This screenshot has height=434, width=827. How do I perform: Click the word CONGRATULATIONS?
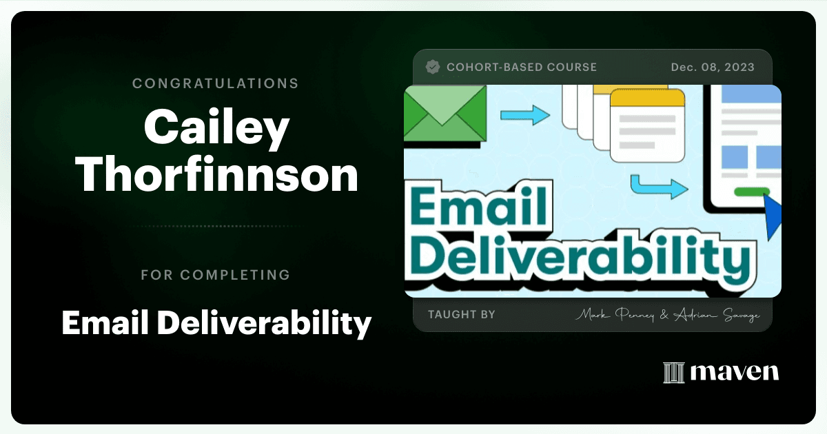tap(216, 83)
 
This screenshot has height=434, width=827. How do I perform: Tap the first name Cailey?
tap(216, 127)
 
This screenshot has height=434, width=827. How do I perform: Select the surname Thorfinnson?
tap(218, 174)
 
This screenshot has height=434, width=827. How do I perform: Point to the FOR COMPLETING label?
tap(216, 275)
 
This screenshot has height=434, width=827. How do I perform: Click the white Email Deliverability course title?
tap(216, 323)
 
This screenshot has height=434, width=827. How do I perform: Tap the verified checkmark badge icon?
tap(432, 68)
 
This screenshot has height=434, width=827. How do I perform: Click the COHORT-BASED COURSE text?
tap(522, 68)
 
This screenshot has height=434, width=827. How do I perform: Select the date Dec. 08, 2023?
tap(713, 68)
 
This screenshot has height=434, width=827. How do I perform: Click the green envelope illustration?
tap(445, 114)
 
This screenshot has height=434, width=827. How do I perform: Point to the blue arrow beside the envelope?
tap(525, 115)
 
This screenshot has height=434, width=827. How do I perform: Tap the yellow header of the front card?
tap(648, 98)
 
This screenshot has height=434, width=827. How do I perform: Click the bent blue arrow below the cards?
tap(660, 187)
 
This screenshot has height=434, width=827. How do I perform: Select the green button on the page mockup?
tap(752, 192)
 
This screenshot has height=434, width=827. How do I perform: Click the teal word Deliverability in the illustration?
tap(580, 256)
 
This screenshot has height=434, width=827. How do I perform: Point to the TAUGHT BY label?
tap(462, 314)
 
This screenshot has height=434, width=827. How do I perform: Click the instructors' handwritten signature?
tap(668, 315)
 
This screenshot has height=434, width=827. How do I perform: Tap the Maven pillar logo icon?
tap(674, 373)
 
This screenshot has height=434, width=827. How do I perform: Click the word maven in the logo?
tap(735, 373)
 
